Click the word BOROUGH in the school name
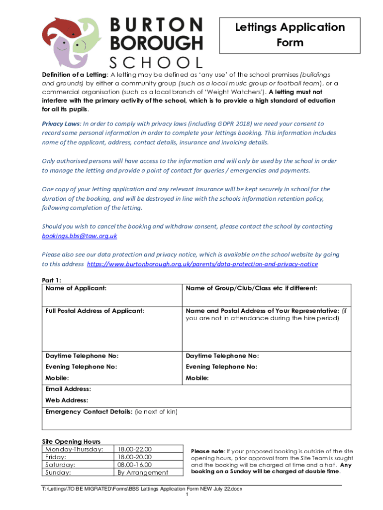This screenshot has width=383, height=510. [156, 43]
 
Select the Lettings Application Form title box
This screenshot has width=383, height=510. [289, 35]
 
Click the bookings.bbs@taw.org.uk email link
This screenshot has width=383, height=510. [80, 236]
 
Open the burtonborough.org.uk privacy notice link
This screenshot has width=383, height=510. [202, 264]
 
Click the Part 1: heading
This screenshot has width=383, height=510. [52, 280]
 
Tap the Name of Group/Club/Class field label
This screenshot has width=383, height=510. [251, 288]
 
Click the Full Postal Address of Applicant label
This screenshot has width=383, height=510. [95, 311]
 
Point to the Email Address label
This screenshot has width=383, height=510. [68, 388]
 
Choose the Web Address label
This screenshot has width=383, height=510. [67, 400]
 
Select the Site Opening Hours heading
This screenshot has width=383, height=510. [71, 441]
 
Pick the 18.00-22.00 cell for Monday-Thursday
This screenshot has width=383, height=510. [134, 449]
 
